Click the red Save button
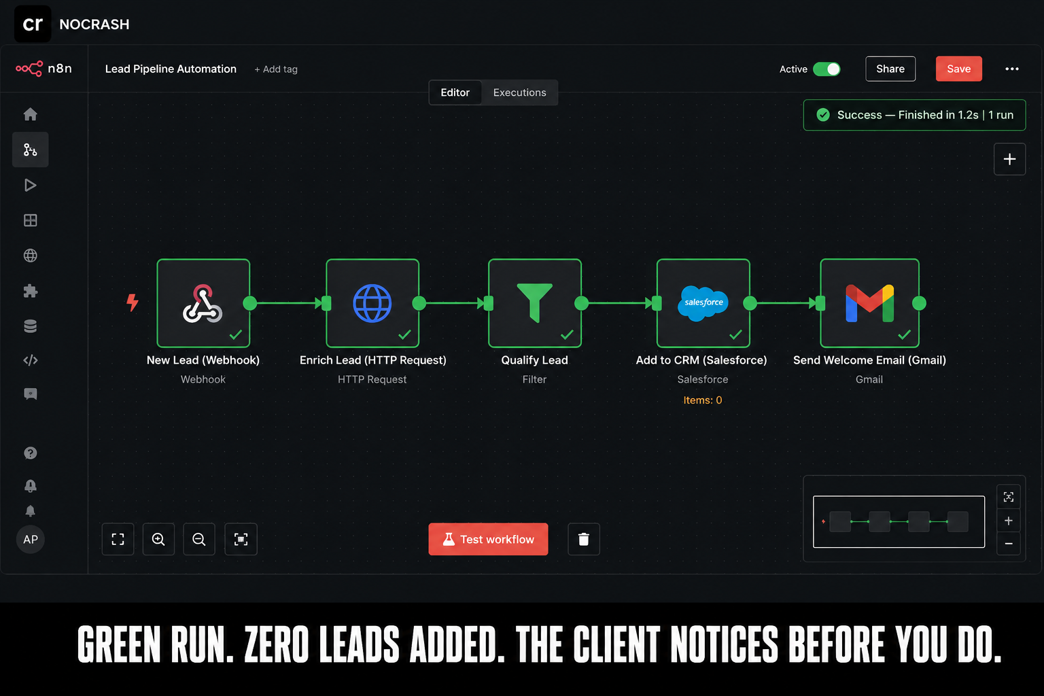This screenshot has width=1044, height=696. [x=958, y=69]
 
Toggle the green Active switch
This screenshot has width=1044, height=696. [x=826, y=69]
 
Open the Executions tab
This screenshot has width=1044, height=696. [x=519, y=92]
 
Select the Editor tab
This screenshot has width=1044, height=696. [x=455, y=92]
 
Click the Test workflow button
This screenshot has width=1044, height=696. [x=488, y=539]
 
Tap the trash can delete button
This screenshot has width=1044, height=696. [x=584, y=539]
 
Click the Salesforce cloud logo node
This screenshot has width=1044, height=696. [x=703, y=303]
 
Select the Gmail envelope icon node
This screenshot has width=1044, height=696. [x=869, y=303]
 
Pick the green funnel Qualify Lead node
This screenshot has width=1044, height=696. [x=535, y=303]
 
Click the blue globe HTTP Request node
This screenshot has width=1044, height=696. [x=372, y=303]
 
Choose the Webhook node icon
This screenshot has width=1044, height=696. [x=203, y=303]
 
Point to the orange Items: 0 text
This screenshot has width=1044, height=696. [x=702, y=400]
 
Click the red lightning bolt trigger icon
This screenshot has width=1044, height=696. [x=133, y=302]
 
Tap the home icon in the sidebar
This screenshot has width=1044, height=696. [x=31, y=114]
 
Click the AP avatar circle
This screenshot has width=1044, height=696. [x=31, y=540]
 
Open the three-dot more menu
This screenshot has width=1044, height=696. [x=1011, y=69]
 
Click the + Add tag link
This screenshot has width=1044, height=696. [x=275, y=69]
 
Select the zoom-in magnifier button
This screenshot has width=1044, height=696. [x=158, y=539]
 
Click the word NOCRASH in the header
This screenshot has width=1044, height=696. [x=94, y=24]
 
